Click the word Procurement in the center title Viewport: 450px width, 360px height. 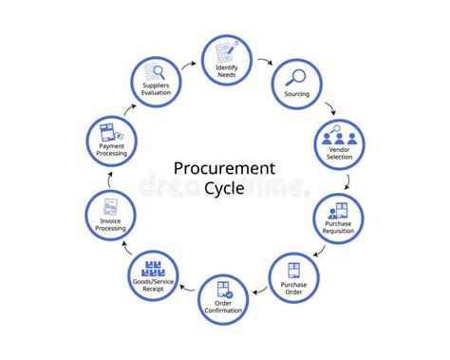(x=224, y=168)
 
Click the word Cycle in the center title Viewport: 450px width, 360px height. (x=224, y=188)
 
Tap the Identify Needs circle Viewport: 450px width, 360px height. (x=226, y=60)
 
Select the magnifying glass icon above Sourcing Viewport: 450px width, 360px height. (x=296, y=77)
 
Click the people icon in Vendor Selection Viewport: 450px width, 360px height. (x=339, y=135)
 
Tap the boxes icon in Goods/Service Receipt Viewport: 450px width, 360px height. (x=154, y=267)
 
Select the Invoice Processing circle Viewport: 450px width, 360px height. (x=110, y=214)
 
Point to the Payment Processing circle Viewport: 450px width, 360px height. (x=112, y=140)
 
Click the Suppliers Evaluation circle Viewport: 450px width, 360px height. (x=157, y=82)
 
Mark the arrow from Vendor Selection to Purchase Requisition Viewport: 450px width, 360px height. (x=347, y=178)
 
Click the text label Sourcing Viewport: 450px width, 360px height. (x=297, y=94)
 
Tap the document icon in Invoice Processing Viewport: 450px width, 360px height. (x=110, y=205)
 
